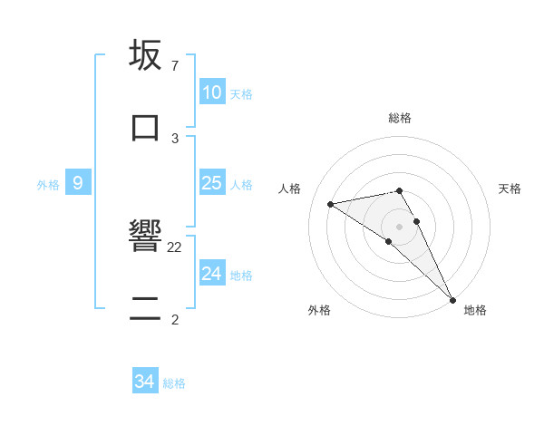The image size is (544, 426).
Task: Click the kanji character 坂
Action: pyautogui.click(x=146, y=56)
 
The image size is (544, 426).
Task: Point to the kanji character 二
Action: pyautogui.click(x=146, y=308)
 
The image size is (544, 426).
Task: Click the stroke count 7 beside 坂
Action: pyautogui.click(x=174, y=66)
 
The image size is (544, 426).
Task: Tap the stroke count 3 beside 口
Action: pyautogui.click(x=174, y=138)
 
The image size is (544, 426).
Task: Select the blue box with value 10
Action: pyautogui.click(x=211, y=92)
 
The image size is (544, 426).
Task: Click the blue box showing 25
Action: pyautogui.click(x=211, y=183)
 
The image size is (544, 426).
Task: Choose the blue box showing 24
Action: pyautogui.click(x=211, y=274)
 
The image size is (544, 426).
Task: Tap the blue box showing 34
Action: pyautogui.click(x=145, y=382)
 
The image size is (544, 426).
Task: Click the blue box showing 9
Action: pyautogui.click(x=78, y=183)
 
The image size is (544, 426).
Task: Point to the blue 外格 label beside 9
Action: pyautogui.click(x=48, y=184)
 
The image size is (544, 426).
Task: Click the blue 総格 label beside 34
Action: pyautogui.click(x=174, y=383)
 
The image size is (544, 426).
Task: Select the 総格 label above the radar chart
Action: pyautogui.click(x=400, y=118)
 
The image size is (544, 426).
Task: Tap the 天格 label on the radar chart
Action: pyautogui.click(x=510, y=189)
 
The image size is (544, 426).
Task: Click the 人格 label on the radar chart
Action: pyautogui.click(x=289, y=189)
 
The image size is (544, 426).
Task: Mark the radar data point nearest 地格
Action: pyautogui.click(x=452, y=298)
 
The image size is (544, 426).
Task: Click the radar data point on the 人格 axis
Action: pyautogui.click(x=331, y=204)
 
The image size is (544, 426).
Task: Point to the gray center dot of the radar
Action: pyautogui.click(x=400, y=226)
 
